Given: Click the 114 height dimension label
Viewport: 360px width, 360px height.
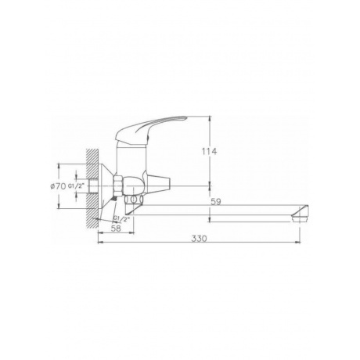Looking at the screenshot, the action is pyautogui.click(x=209, y=151).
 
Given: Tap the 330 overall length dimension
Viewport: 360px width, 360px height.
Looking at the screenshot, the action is pyautogui.click(x=199, y=239).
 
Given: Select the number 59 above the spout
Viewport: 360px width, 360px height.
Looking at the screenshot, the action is pyautogui.click(x=216, y=202).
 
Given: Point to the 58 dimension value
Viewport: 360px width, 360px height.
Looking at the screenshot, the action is pyautogui.click(x=116, y=229).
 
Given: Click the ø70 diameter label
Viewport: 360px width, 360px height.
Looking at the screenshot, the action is pyautogui.click(x=58, y=186).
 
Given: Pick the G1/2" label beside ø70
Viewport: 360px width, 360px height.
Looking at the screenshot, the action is pyautogui.click(x=77, y=186).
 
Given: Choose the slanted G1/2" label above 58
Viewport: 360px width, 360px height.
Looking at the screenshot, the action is pyautogui.click(x=121, y=218).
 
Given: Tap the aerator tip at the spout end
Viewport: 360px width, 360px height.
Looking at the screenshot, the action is pyautogui.click(x=301, y=214).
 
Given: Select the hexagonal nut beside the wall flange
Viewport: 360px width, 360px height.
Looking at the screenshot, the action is pyautogui.click(x=118, y=185).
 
